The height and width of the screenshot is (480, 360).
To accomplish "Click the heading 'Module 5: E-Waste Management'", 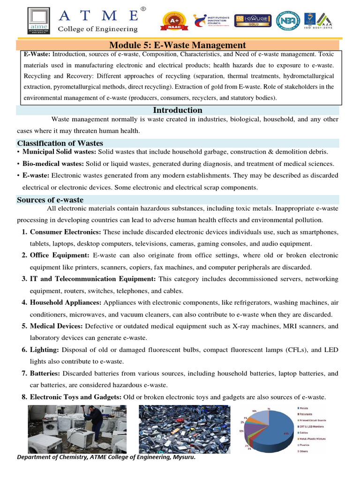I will pos(177,45).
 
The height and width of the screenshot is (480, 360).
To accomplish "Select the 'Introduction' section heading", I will pos(178,110).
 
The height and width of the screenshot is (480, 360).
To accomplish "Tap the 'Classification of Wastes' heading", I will pos(60,143).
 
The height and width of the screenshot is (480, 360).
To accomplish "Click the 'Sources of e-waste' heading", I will pos(50,200).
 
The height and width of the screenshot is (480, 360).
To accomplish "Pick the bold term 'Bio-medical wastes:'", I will pos(53,164).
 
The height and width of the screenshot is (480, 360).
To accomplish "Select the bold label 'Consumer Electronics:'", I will pos(66,232).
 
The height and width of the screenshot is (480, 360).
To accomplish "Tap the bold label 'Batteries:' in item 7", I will pos(45,373).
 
